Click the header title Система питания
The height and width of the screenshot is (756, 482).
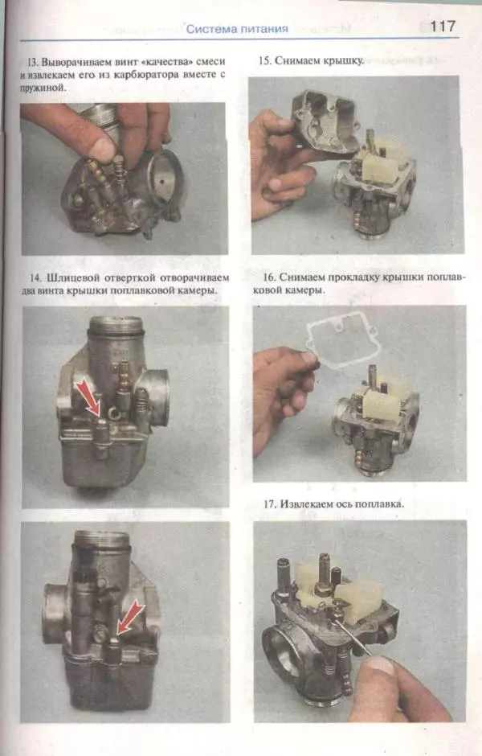pos(237,29)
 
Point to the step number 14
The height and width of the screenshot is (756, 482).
pos(35,278)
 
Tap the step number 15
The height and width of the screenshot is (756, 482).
pos(264,61)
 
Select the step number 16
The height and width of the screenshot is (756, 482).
pos(269,277)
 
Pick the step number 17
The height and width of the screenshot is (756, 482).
pos(270,503)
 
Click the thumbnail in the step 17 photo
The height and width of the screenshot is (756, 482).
pos(380,665)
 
